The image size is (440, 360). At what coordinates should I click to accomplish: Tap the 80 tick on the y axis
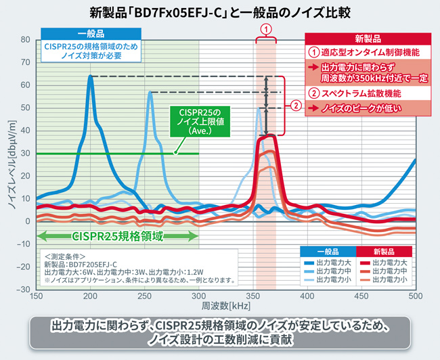pyautogui.click(x=26, y=40)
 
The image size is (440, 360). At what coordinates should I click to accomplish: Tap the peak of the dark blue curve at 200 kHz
pyautogui.click(x=91, y=76)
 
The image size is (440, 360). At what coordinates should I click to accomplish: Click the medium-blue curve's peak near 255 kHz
pyautogui.click(x=150, y=93)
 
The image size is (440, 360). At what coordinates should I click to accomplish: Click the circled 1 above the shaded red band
pyautogui.click(x=266, y=29)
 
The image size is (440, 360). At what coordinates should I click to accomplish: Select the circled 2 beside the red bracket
pyautogui.click(x=295, y=106)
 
